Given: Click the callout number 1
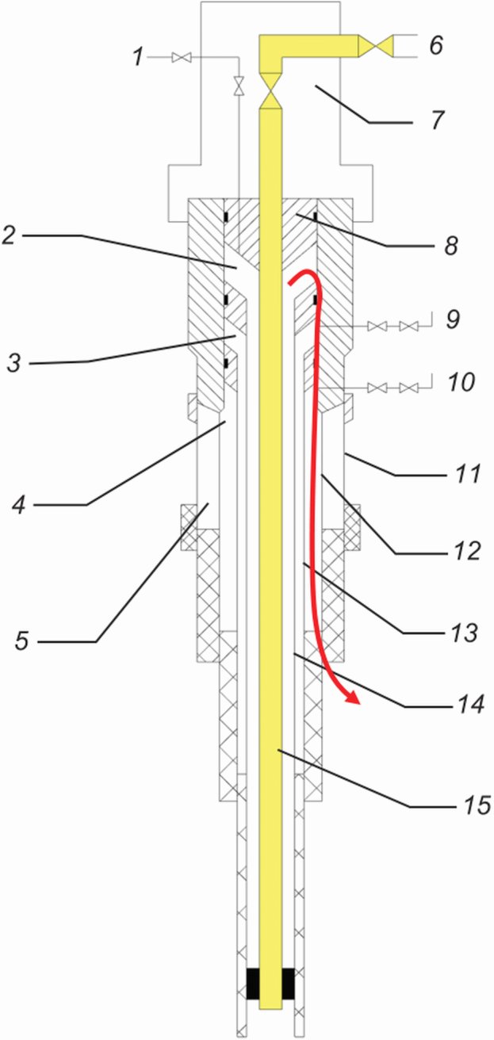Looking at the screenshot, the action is [139, 57].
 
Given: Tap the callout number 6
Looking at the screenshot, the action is [435, 45].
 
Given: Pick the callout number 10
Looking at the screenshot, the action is [458, 383].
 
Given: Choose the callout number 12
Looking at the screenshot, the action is [468, 550].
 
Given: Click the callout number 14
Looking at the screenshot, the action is [470, 704].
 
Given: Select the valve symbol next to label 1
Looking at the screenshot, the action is [183, 57].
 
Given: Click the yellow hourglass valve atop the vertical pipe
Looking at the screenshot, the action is [272, 93].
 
